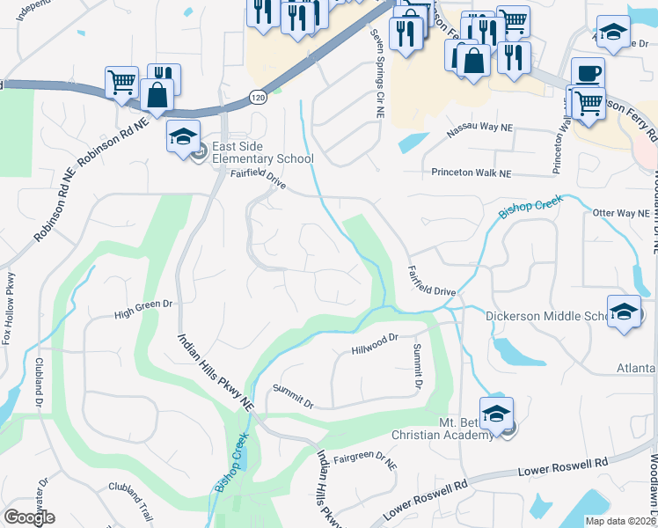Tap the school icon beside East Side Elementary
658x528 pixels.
(x=183, y=136)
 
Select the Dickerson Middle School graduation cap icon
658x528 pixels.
(x=625, y=312)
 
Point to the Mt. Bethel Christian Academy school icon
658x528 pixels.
(x=496, y=413)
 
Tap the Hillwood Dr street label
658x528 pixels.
(x=376, y=342)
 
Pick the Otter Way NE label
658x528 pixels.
(x=620, y=213)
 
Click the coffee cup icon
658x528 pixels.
(x=588, y=72)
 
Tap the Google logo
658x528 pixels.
(x=29, y=517)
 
